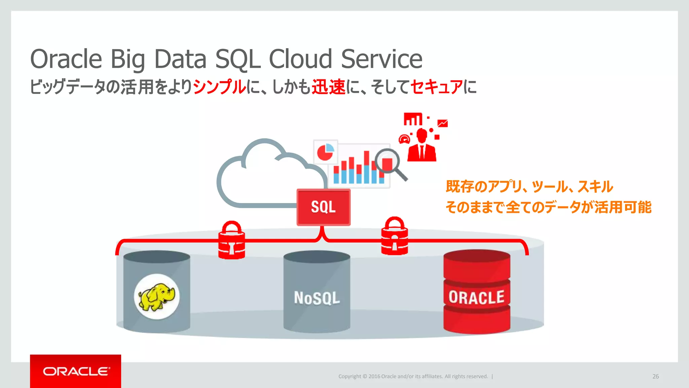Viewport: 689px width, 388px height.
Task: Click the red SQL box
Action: [x=323, y=207]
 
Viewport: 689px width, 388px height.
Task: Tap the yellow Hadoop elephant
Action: [x=157, y=296]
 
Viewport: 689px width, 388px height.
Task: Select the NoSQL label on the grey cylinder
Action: [x=317, y=298]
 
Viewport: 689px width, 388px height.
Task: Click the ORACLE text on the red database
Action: [x=476, y=297]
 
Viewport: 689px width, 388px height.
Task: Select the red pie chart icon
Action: [x=325, y=152]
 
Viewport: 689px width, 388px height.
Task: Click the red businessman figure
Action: [x=422, y=147]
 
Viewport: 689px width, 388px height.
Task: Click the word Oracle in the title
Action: [x=66, y=59]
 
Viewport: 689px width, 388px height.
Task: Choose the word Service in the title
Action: [x=382, y=59]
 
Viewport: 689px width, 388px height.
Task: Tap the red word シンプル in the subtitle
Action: [x=219, y=87]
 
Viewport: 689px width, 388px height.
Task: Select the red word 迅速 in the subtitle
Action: [x=328, y=87]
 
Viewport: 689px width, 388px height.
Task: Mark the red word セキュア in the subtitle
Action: [x=436, y=87]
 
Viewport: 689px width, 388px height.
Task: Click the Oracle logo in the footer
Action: [x=76, y=371]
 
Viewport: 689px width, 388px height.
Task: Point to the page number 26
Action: [x=655, y=377]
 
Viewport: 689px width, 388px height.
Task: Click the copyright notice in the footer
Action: [x=413, y=377]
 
